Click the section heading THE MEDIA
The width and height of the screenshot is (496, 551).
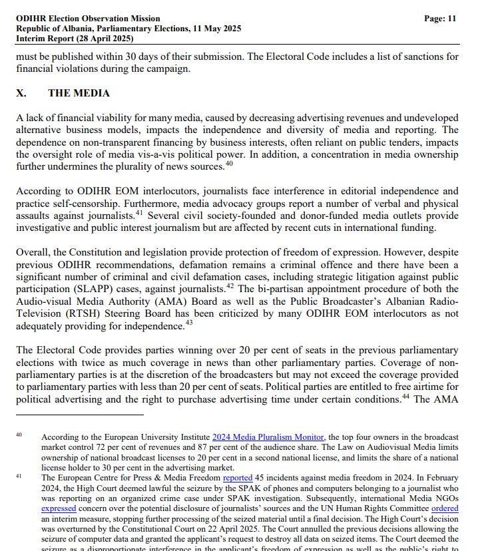point(79,93)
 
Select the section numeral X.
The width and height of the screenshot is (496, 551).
point(21,93)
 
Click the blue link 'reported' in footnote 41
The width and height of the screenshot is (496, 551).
point(238,478)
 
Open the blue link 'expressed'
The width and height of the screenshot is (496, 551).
point(59,508)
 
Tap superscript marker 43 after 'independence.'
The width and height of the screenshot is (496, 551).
point(188,324)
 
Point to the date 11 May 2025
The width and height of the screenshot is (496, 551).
point(216,29)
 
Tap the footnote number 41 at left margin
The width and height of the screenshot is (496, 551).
point(19,476)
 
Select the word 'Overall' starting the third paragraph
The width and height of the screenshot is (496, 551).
point(33,253)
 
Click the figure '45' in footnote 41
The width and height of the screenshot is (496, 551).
point(261,478)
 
